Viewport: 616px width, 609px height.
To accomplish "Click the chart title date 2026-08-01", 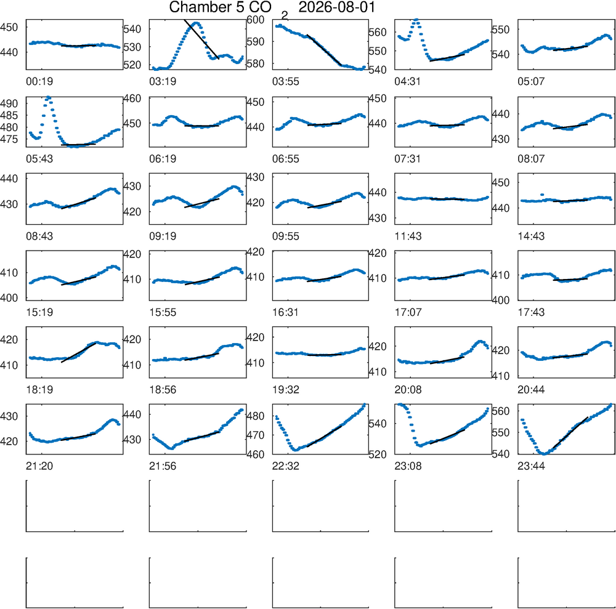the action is [x=337, y=7].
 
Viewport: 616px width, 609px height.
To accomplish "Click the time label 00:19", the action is [x=39, y=81].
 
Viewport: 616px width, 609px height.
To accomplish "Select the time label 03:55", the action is [x=286, y=81].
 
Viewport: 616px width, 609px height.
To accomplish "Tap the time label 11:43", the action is [x=408, y=236].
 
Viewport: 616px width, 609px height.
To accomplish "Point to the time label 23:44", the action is [x=531, y=466].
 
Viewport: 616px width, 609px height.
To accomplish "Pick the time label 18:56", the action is [x=163, y=390].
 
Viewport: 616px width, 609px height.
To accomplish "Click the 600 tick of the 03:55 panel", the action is [x=256, y=19].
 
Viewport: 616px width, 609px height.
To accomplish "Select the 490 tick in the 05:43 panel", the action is [x=9, y=103].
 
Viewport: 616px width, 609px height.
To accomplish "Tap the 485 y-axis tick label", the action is [x=9, y=115].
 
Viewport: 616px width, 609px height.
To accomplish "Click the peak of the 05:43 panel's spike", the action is [x=48, y=97].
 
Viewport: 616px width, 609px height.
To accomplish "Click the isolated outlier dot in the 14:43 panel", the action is [x=542, y=195].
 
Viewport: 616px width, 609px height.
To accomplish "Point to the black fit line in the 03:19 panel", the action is [x=201, y=39].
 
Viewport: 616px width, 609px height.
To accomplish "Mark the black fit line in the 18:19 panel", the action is [x=79, y=353].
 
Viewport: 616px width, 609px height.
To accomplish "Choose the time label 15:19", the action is [x=39, y=313].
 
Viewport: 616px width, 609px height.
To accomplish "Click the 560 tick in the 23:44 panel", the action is [x=501, y=411].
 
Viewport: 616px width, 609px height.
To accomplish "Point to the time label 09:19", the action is [x=163, y=236].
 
